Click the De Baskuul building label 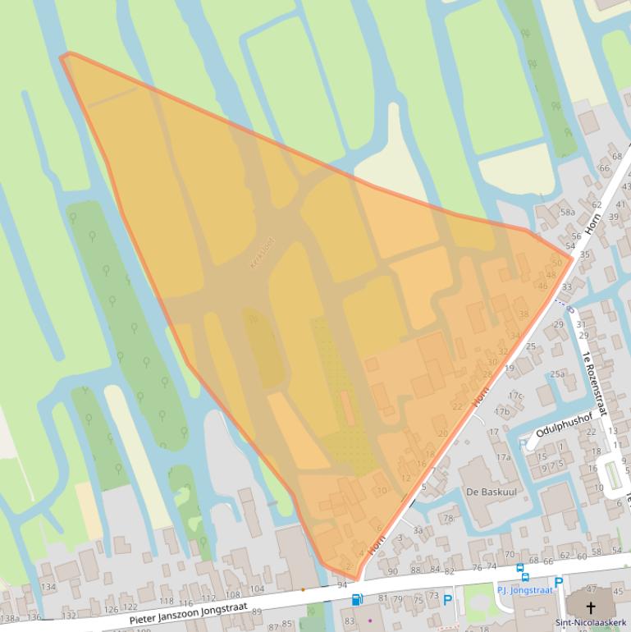point(483,492)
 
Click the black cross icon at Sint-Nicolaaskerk point(590,607)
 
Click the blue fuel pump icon point(357,600)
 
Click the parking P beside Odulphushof point(524,444)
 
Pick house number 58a point(568,212)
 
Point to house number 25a point(558,374)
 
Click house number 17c point(514,396)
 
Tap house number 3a point(418,530)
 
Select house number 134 point(48,587)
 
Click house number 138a point(10,618)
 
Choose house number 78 point(448,518)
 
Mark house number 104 point(257,589)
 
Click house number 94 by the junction point(342,584)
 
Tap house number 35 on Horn point(584,254)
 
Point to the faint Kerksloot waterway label point(263,251)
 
